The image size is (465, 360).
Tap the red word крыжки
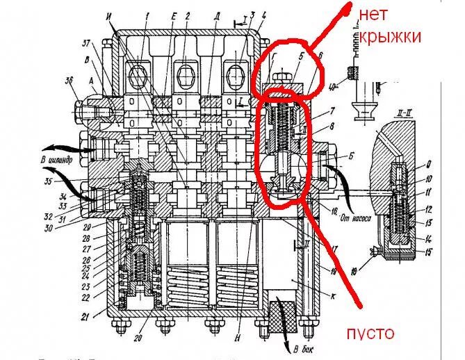(x=389, y=37)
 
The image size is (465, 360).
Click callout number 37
(x=85, y=44)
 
